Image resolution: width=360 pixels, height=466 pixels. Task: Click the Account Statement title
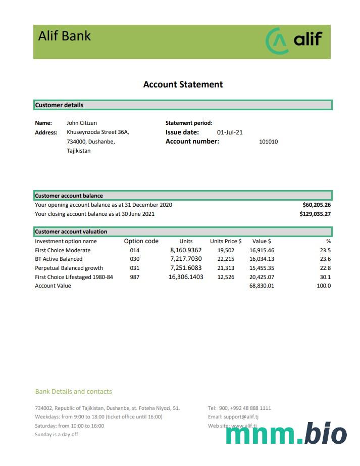point(183,84)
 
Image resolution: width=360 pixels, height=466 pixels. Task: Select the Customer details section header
point(59,105)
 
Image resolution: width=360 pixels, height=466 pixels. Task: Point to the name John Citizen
point(82,123)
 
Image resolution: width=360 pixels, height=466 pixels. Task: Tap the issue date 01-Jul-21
point(230,132)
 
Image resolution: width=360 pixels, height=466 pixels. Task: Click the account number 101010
point(268,142)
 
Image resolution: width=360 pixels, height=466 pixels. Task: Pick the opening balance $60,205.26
point(317,205)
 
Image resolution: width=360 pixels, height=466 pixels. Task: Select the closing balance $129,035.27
point(315,214)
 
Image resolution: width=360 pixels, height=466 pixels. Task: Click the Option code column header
point(141,241)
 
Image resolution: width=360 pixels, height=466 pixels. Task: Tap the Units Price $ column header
point(226,241)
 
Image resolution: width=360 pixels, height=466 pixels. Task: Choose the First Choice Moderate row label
point(63,250)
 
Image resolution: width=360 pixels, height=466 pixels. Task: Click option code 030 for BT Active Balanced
point(134,259)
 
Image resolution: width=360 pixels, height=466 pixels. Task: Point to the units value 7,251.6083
point(186,268)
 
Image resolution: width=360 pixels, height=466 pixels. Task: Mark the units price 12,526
point(226,277)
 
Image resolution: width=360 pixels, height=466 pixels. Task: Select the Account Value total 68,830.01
point(262,286)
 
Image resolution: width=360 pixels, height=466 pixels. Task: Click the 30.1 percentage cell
point(325,277)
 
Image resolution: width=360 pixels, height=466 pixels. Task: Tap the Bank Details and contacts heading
point(74,391)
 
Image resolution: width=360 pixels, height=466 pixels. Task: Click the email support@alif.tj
point(240,417)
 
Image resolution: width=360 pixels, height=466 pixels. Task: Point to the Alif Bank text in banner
point(65,36)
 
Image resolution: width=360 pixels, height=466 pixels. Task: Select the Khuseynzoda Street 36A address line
point(98,132)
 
